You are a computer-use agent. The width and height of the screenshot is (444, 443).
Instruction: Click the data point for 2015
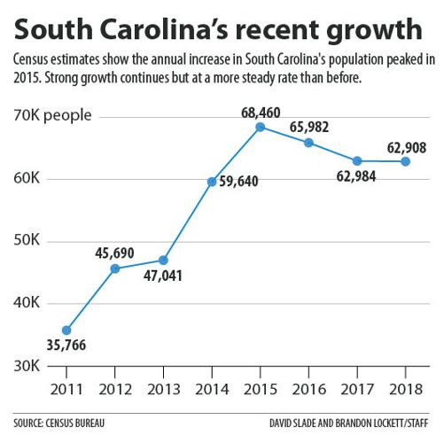pos(260,127)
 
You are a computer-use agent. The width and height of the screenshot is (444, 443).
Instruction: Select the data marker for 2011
pos(66,330)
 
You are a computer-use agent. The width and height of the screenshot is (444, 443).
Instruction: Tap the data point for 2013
pos(163,260)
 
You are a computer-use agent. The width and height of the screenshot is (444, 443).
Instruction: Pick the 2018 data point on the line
pos(405,161)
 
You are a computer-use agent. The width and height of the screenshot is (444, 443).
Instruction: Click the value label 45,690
pos(114,253)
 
